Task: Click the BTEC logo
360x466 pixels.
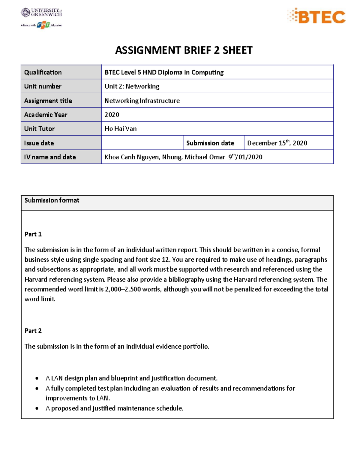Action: pyautogui.click(x=316, y=17)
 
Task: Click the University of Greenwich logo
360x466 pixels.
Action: pyautogui.click(x=41, y=12)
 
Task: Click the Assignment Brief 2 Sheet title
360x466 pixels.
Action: pyautogui.click(x=184, y=50)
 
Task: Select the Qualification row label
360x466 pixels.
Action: pyautogui.click(x=43, y=72)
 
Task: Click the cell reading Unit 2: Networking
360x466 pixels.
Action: pyautogui.click(x=132, y=86)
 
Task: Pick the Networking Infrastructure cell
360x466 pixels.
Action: pyautogui.click(x=142, y=101)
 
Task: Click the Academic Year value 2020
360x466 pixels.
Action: pyautogui.click(x=112, y=115)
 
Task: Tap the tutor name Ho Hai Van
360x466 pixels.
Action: pyautogui.click(x=120, y=129)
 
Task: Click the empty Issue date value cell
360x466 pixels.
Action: pyautogui.click(x=142, y=143)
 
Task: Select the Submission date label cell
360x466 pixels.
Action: pyautogui.click(x=210, y=143)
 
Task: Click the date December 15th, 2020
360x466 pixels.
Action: pyautogui.click(x=277, y=143)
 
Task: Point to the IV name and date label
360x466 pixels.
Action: pyautogui.click(x=50, y=157)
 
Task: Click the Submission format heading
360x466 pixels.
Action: pyautogui.click(x=52, y=200)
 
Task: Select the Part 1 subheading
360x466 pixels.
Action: pyautogui.click(x=33, y=234)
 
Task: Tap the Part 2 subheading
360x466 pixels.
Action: pyautogui.click(x=33, y=331)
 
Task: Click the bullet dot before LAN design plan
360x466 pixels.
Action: pyautogui.click(x=37, y=378)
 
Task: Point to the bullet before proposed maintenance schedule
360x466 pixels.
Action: pyautogui.click(x=37, y=408)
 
